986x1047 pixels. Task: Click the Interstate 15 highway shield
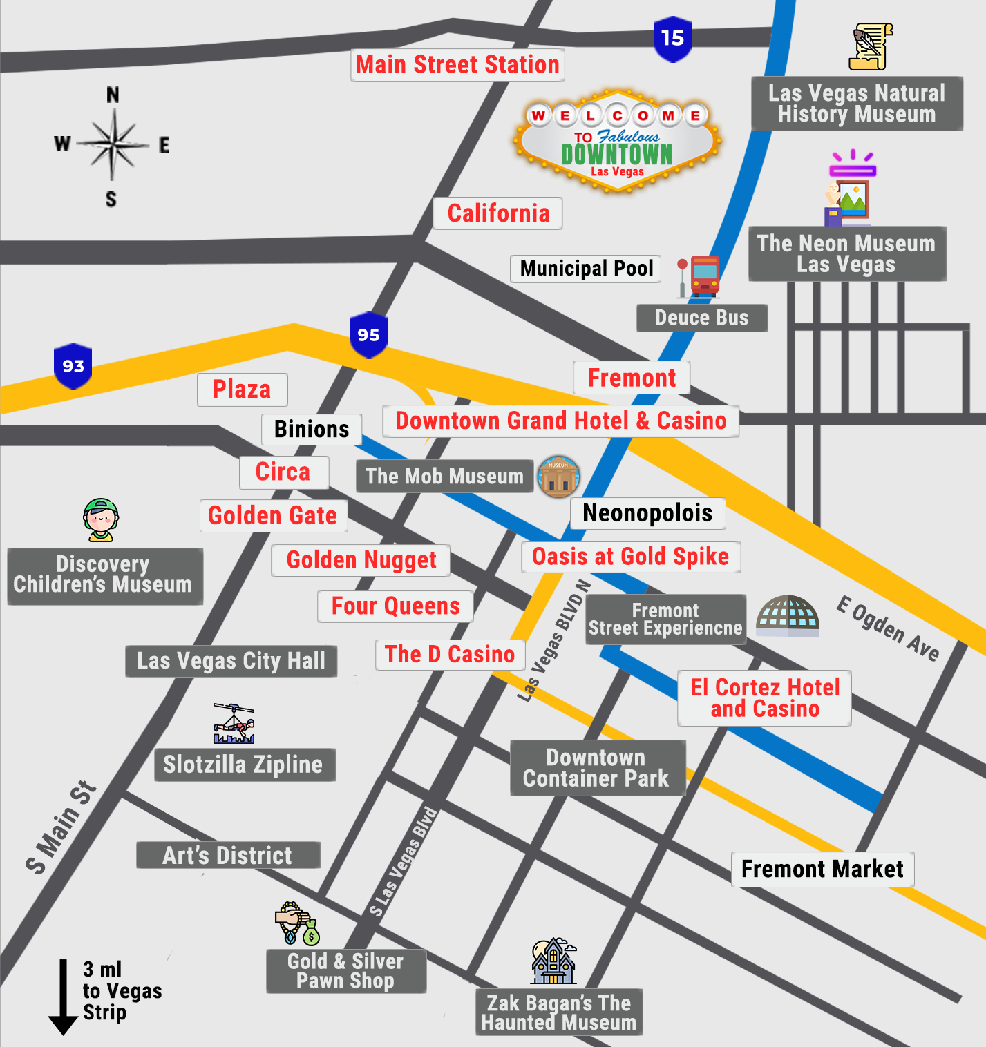[672, 39]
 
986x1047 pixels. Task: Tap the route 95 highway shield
[368, 335]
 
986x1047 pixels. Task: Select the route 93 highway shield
[73, 366]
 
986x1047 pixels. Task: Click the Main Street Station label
[457, 65]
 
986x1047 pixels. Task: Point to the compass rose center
[113, 145]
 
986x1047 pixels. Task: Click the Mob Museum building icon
[558, 477]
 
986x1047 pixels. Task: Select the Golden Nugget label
[361, 560]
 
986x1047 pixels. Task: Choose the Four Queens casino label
[395, 606]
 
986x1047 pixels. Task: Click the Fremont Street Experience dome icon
[788, 615]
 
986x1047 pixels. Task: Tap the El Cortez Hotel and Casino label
[764, 698]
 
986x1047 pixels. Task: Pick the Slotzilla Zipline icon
[234, 723]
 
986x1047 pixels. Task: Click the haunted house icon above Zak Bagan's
[553, 961]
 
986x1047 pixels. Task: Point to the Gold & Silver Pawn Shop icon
[297, 923]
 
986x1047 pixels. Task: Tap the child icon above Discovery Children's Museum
[101, 520]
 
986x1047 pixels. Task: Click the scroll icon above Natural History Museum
[870, 46]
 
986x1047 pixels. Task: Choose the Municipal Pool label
[586, 269]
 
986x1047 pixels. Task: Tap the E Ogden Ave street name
[888, 628]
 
